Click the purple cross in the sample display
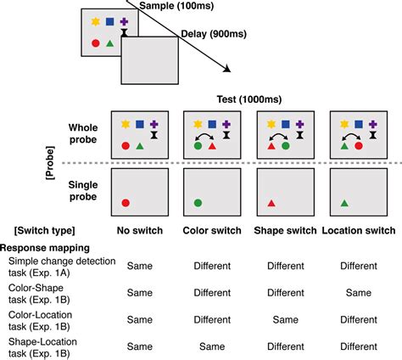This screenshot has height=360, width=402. click(125, 20)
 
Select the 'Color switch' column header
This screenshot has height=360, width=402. click(206, 229)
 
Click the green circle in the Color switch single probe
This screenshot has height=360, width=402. click(198, 203)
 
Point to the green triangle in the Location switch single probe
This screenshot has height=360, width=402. click(343, 203)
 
